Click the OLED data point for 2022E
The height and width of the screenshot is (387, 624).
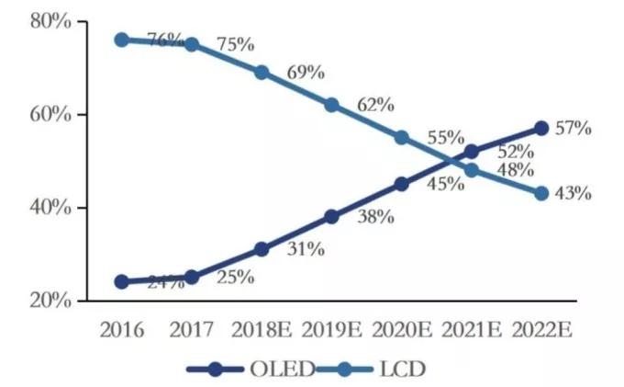pos(541,128)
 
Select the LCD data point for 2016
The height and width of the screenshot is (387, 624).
pos(121,40)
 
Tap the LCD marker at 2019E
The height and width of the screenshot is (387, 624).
pos(331,105)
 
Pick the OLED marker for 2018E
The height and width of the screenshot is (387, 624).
pos(262,249)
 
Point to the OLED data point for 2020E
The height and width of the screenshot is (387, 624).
pos(401,184)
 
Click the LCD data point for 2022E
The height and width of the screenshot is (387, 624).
pos(541,193)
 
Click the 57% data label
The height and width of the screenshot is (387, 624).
pos(574,128)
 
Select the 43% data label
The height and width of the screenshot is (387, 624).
pos(574,194)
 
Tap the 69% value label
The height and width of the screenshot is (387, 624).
pos(304,72)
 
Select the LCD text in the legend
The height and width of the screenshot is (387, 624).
pos(402,370)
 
